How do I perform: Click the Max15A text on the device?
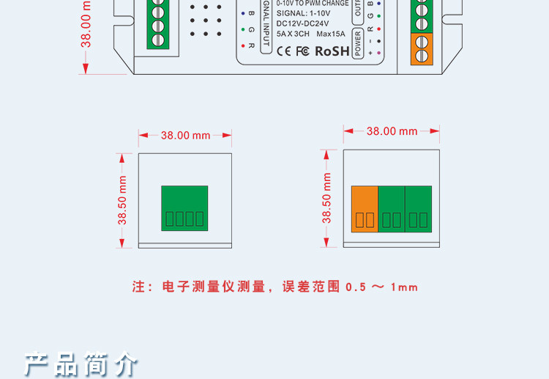[331, 34]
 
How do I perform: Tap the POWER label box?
[358, 43]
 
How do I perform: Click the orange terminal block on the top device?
[421, 49]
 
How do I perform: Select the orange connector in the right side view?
[365, 210]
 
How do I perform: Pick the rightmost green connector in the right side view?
[418, 210]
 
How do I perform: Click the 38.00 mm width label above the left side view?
[185, 135]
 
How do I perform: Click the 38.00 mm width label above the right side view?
[392, 131]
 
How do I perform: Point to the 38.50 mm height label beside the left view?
[122, 200]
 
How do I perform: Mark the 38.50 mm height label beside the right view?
[327, 198]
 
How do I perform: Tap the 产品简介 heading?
[81, 364]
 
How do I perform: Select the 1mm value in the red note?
[405, 287]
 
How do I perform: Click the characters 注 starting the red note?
[139, 287]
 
